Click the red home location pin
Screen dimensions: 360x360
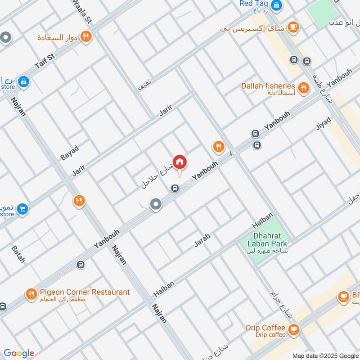[x=180, y=162]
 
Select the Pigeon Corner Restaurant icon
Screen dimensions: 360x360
[x=31, y=295]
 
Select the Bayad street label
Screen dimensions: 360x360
[x=69, y=153]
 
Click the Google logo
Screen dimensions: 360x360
[x=18, y=353]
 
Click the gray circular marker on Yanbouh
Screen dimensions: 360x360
[x=156, y=205]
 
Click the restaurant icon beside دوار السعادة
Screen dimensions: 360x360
[x=86, y=36]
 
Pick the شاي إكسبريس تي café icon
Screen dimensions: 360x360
[x=293, y=27]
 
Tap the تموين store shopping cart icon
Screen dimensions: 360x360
[x=22, y=209]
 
